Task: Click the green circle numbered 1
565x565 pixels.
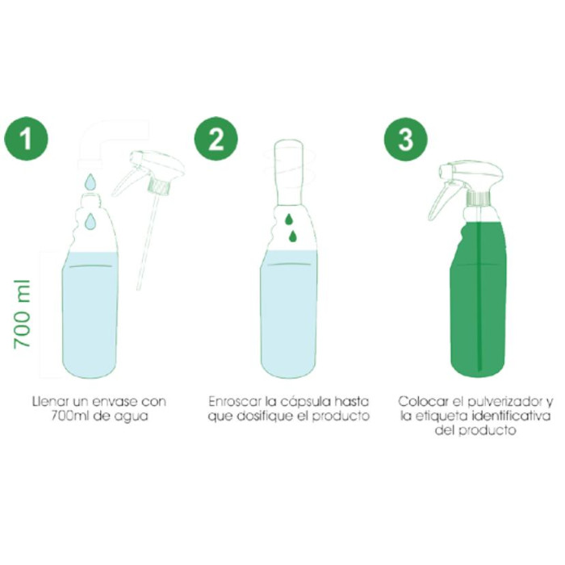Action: click(26, 139)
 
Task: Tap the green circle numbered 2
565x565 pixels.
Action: click(216, 139)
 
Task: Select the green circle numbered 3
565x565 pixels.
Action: click(406, 139)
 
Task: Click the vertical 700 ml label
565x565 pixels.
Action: click(22, 314)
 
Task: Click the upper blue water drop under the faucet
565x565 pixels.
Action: click(90, 182)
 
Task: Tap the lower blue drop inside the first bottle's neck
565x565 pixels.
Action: click(90, 221)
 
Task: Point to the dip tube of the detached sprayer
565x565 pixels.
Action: click(147, 241)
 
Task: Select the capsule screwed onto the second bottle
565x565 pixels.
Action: click(291, 174)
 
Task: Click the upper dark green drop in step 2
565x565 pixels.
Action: click(289, 219)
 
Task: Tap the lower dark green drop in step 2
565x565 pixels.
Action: click(293, 236)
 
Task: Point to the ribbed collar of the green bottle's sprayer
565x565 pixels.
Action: click(479, 198)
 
